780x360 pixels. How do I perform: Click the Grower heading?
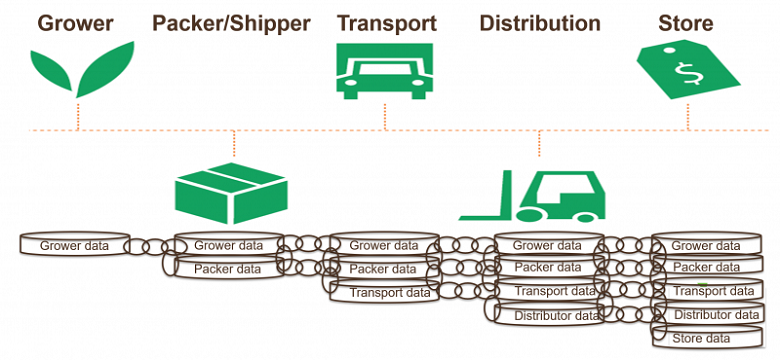76,23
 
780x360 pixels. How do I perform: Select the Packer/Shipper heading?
231,23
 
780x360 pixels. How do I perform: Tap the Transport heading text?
385,23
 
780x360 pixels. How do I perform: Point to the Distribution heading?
540,23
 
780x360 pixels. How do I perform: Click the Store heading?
686,23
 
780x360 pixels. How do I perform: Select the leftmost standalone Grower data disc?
75,245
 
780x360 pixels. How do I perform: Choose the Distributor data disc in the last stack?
712,315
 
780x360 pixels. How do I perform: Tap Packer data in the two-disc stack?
229,269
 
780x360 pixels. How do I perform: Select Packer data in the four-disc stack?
546,268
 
